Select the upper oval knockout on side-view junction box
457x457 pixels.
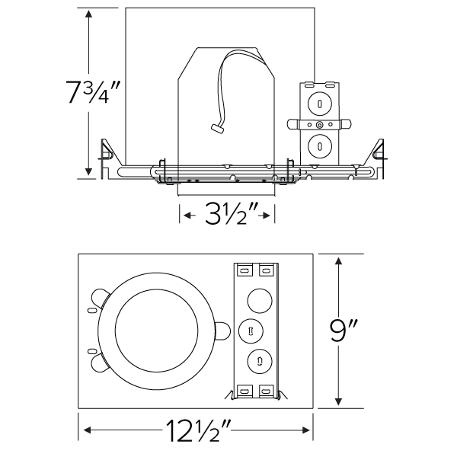coord(320,102)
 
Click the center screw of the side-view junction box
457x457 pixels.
coord(320,124)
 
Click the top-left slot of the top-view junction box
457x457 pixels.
coord(244,269)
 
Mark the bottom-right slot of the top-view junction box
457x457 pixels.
coord(266,390)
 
